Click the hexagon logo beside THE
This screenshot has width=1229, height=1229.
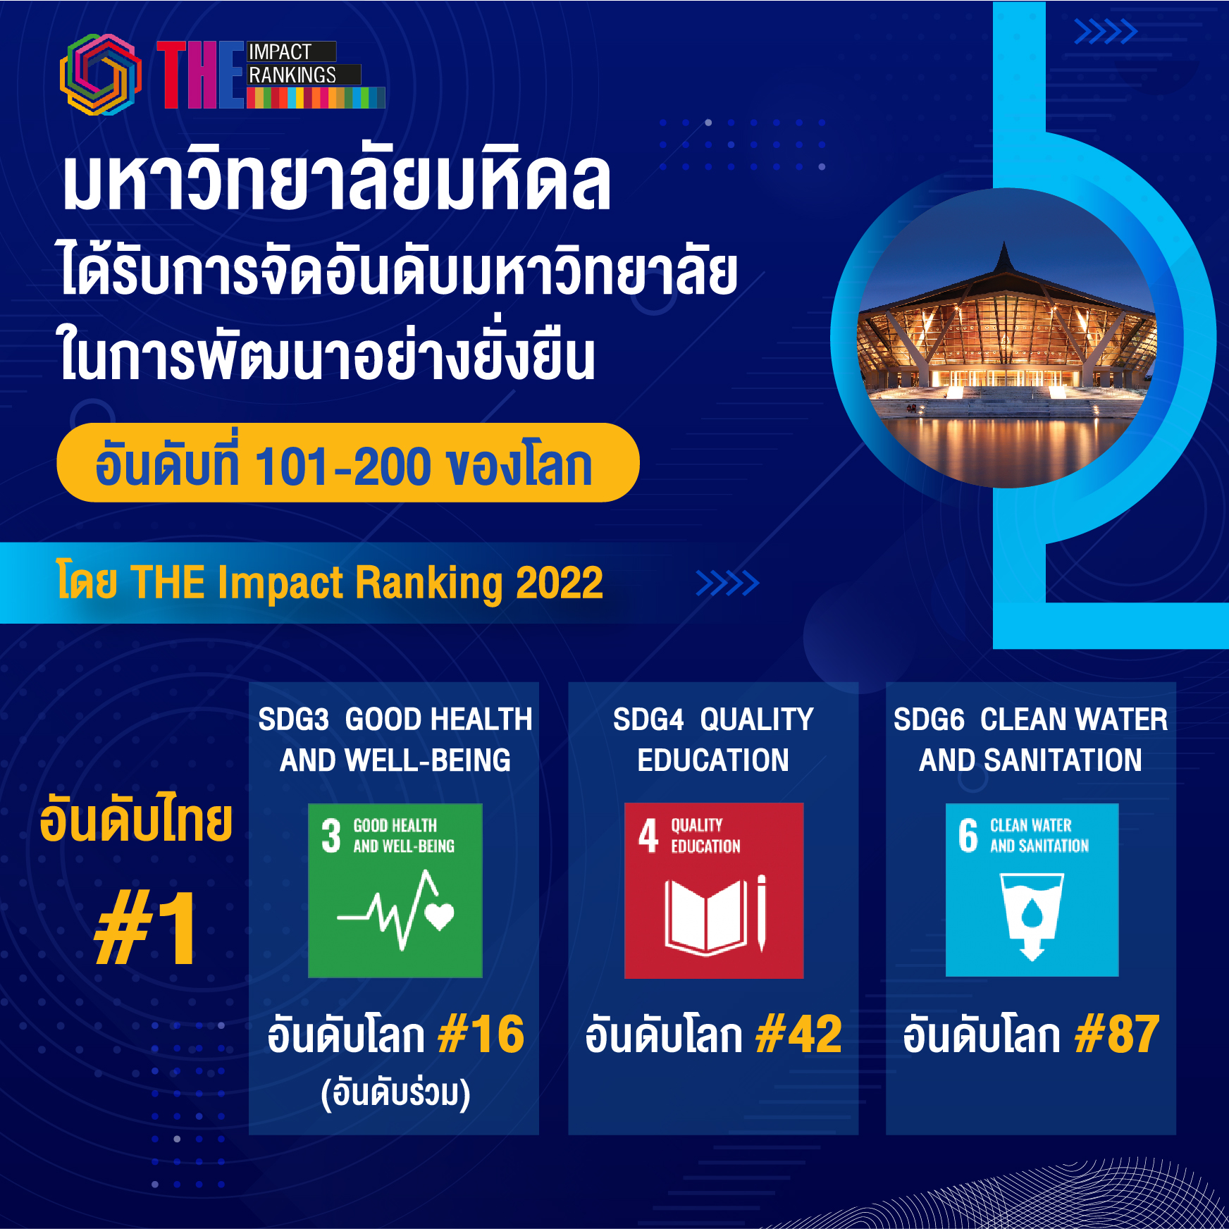(101, 75)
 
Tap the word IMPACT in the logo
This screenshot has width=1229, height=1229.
(280, 52)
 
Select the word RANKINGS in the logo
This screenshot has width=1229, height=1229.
(292, 75)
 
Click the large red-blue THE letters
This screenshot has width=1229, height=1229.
(201, 75)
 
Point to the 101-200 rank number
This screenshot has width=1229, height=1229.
(343, 466)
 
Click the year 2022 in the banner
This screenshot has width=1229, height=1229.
(560, 583)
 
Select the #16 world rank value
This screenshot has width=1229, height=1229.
(481, 1035)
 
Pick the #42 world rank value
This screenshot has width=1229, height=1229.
(799, 1035)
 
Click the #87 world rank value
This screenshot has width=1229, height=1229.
(1118, 1035)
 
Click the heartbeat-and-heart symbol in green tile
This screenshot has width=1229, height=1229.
(396, 910)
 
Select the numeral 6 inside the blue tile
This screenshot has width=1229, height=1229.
(968, 835)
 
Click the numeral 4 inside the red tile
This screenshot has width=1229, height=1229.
(648, 836)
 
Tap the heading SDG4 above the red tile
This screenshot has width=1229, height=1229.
(648, 720)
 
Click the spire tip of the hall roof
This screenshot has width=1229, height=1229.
(1004, 242)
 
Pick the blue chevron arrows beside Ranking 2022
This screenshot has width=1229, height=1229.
(727, 583)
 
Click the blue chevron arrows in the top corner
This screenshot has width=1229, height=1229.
(1106, 32)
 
